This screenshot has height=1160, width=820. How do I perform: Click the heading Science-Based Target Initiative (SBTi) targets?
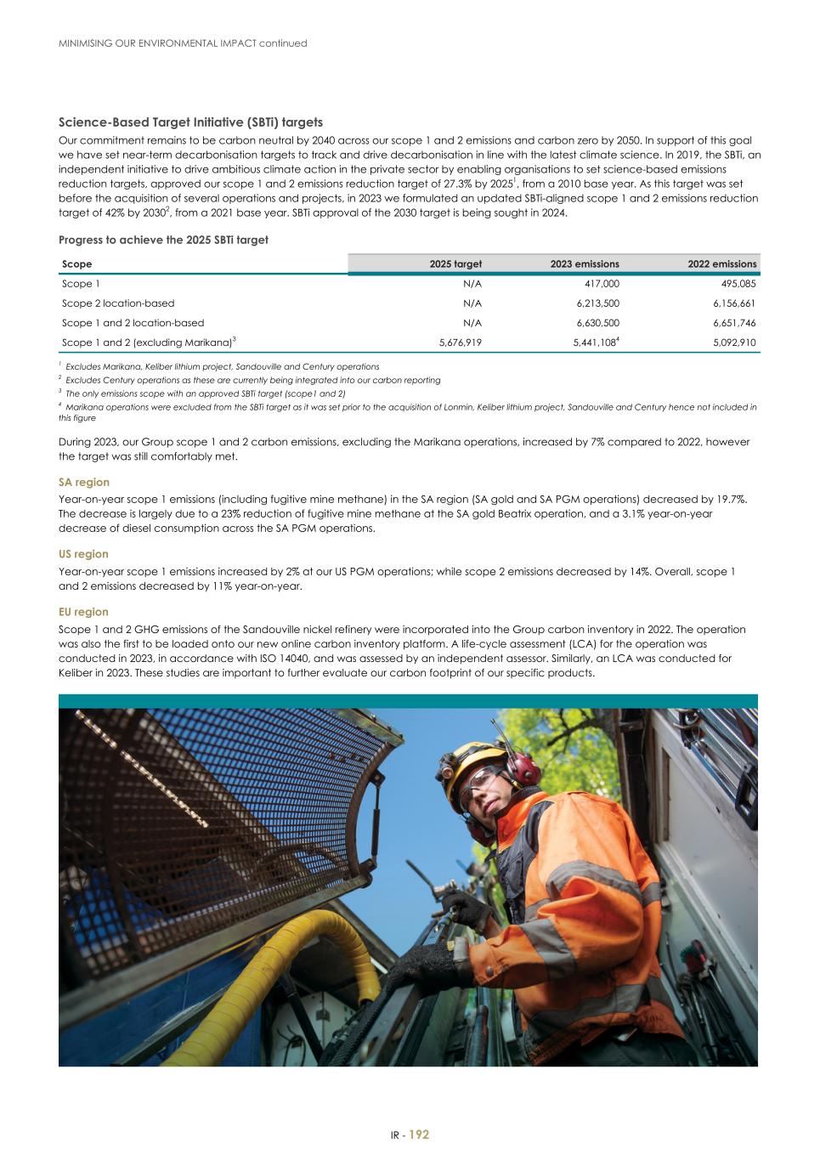point(190,122)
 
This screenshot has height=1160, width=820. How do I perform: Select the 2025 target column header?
point(455,264)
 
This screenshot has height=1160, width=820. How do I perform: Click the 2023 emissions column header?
point(585,264)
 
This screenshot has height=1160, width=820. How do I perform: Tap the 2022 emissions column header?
point(721,264)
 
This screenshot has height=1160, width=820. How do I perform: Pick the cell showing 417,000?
point(602,284)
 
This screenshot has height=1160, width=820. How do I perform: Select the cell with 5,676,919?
point(460,342)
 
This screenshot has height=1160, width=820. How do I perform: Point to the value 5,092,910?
point(734,342)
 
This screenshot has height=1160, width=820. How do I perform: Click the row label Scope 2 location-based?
point(118,303)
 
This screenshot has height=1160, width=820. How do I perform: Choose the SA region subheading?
point(84,482)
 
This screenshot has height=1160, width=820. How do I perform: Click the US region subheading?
point(83,554)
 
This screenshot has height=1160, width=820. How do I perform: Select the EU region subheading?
point(83,612)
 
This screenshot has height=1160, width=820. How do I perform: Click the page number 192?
point(419,1135)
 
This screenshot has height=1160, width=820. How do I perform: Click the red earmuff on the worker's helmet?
point(524,767)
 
